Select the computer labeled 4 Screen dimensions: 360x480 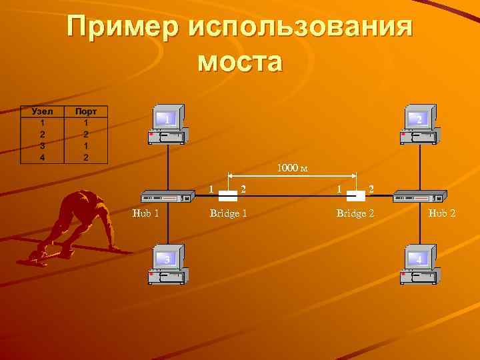point(419,264)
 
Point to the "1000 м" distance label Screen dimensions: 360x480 point(293,169)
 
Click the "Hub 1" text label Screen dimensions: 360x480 point(146,213)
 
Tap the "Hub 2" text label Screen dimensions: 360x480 point(442,213)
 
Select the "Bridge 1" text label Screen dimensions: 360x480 point(228,213)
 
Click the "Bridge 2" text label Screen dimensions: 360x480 point(355,213)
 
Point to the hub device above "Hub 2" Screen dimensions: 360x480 point(419,197)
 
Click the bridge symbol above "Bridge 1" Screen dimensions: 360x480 point(228,196)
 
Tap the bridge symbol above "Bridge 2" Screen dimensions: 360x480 point(356,196)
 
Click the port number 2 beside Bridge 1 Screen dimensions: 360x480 point(244,189)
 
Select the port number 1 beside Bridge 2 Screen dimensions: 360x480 point(340,189)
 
